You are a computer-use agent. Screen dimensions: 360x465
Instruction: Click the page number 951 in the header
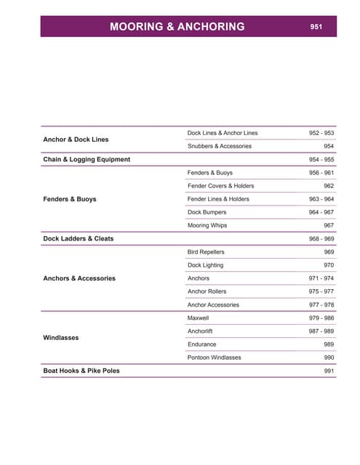click(x=316, y=26)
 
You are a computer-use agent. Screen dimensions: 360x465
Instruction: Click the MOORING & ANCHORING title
click(x=177, y=27)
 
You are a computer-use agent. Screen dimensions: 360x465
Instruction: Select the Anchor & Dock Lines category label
click(x=76, y=139)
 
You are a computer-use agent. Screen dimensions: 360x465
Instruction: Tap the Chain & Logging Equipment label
click(x=87, y=159)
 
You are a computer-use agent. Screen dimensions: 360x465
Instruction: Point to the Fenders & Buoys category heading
click(x=70, y=198)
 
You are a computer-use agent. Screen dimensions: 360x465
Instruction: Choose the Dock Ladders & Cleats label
click(x=79, y=238)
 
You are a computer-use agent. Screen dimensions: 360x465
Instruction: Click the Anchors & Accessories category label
click(x=79, y=278)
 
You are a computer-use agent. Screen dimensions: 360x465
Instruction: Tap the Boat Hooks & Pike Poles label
click(x=81, y=371)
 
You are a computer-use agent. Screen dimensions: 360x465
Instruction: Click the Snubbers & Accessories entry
click(x=220, y=146)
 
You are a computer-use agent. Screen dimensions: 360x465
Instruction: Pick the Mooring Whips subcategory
click(x=207, y=225)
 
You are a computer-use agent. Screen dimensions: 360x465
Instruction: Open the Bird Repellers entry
click(x=207, y=251)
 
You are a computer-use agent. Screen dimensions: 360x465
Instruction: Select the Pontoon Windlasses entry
click(x=215, y=357)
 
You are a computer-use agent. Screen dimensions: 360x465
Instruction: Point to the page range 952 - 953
click(x=321, y=133)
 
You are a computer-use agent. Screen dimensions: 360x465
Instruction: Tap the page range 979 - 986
click(x=321, y=318)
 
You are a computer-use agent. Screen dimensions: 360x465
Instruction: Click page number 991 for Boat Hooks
click(x=329, y=371)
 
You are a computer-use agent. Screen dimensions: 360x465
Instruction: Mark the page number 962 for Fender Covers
click(x=329, y=186)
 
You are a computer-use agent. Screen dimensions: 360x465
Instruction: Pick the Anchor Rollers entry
click(x=207, y=291)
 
